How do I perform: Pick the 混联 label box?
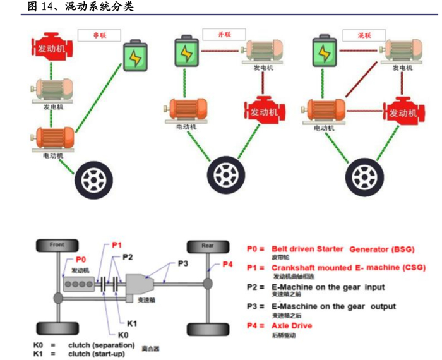click(x=365, y=34)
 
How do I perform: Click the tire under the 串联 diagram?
click(x=90, y=174)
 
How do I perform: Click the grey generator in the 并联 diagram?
click(x=263, y=52)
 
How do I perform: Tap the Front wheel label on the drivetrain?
click(x=57, y=245)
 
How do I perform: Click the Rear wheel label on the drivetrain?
click(x=207, y=245)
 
